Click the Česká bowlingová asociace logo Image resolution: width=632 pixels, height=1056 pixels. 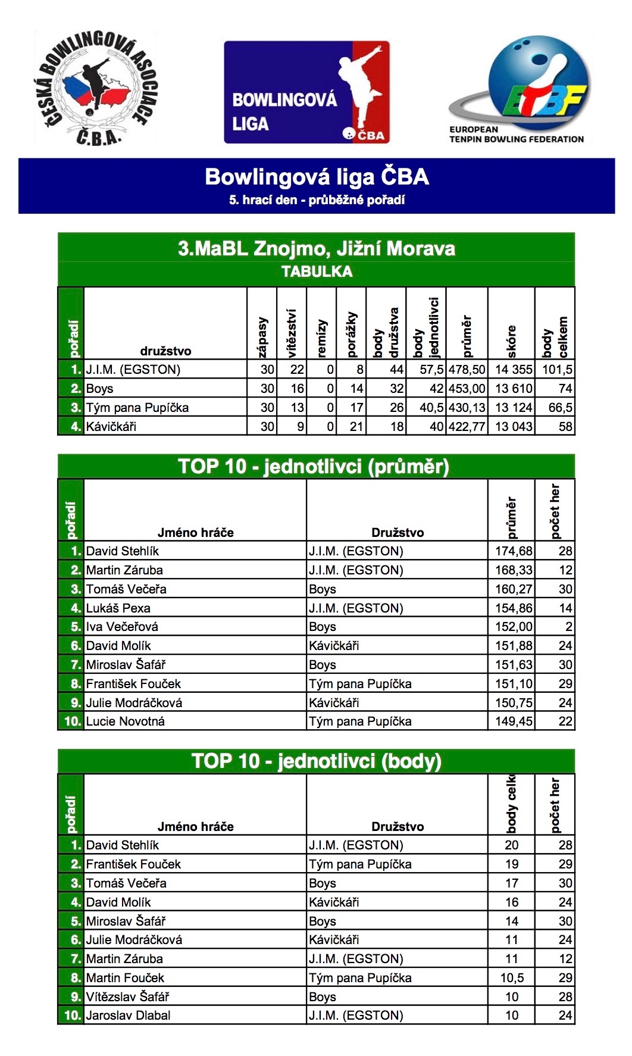(96, 89)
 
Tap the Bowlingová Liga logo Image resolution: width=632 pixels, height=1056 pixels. (306, 92)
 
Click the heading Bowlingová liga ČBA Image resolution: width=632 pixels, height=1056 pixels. (317, 177)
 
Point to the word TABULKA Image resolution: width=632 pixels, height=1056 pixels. (317, 271)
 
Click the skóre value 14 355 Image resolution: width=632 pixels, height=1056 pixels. (513, 370)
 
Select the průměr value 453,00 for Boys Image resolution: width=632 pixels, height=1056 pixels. (467, 389)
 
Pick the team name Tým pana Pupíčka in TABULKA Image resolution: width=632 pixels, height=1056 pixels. (137, 408)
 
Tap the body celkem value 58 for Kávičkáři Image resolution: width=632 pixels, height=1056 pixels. (565, 426)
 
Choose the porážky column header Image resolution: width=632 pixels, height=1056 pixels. (351, 333)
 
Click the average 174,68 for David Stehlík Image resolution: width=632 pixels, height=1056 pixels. (514, 551)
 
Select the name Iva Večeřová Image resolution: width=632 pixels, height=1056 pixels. (122, 627)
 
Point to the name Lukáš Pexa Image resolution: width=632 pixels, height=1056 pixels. (118, 608)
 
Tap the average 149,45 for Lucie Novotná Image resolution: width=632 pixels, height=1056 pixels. (514, 721)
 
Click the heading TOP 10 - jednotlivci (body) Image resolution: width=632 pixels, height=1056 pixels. (317, 761)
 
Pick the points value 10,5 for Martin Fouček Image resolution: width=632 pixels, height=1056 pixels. (512, 978)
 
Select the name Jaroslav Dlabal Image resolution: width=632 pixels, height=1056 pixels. (128, 1016)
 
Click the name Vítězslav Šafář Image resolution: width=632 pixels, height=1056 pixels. (127, 996)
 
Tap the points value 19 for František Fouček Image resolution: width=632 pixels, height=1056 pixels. (512, 864)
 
